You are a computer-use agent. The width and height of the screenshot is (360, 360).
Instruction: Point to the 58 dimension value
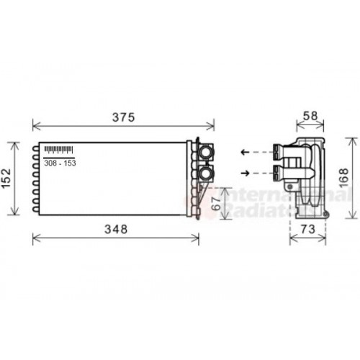coord(310,116)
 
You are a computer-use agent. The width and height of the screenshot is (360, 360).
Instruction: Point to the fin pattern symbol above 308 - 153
coord(59,150)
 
